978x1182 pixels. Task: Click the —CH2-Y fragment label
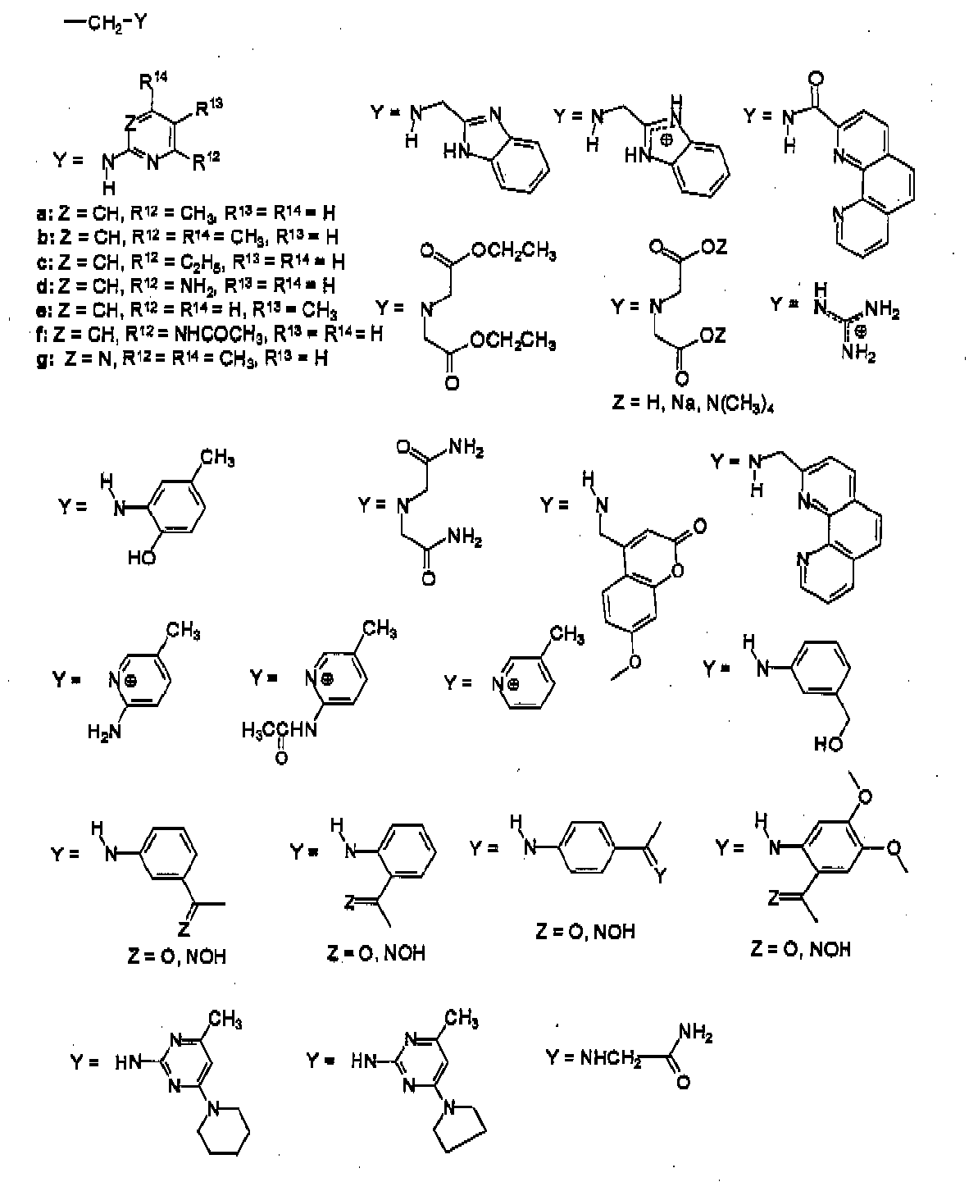pos(105,23)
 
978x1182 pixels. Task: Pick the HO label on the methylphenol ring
pos(140,559)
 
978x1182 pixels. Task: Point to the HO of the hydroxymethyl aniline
pos(827,744)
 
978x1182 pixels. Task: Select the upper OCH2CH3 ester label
pos(511,255)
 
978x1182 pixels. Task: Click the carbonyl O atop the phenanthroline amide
pos(814,80)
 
